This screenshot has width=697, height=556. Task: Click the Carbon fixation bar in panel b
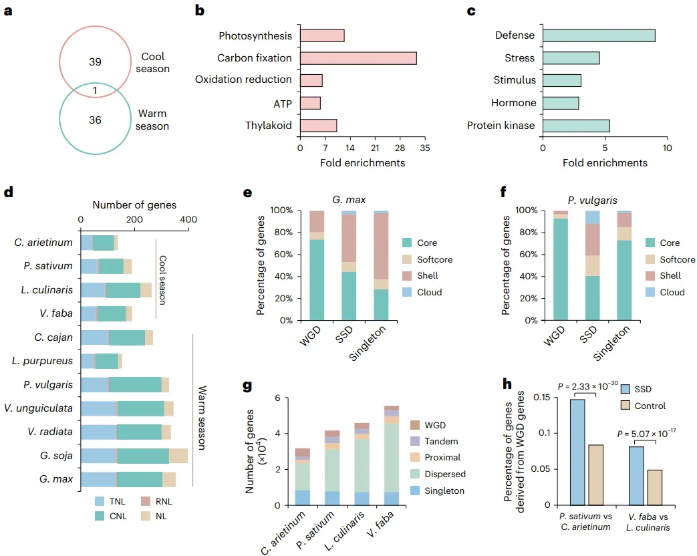coord(358,58)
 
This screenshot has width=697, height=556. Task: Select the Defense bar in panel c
coord(599,35)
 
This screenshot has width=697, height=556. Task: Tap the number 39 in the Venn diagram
coord(95,61)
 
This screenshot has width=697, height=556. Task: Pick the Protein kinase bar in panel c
coord(576,125)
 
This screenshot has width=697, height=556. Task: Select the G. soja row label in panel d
coord(57,456)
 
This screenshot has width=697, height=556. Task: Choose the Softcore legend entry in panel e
coord(430,259)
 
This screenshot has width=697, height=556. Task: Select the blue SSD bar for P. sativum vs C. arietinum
coord(578,452)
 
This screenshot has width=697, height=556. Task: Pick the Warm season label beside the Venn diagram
coord(153,120)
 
